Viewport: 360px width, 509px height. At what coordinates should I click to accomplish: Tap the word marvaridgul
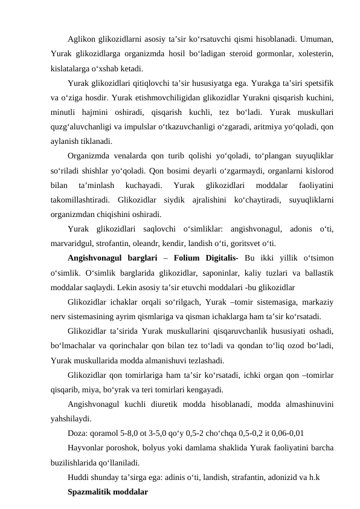click(x=76, y=244)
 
